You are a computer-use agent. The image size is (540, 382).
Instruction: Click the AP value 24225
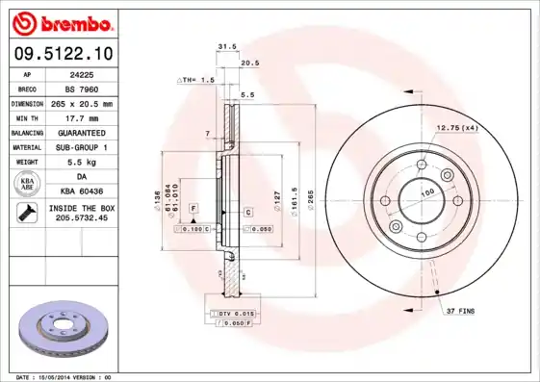click(x=81, y=73)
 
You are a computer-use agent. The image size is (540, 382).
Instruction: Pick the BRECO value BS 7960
click(x=81, y=88)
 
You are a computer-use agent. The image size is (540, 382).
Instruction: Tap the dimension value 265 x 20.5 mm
click(x=81, y=103)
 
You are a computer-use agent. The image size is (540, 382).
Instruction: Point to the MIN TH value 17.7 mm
click(x=81, y=117)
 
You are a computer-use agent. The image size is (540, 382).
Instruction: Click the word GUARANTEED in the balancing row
click(x=81, y=132)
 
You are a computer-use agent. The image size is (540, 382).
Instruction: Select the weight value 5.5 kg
click(x=81, y=163)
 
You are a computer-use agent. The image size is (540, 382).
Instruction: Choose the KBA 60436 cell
click(x=81, y=191)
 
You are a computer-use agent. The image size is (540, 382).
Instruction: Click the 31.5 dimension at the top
click(x=226, y=45)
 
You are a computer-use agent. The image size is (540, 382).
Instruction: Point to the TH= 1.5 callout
click(x=196, y=81)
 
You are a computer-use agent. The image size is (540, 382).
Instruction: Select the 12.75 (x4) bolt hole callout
click(x=458, y=127)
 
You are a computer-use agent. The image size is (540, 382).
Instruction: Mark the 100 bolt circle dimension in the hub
click(x=425, y=193)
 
